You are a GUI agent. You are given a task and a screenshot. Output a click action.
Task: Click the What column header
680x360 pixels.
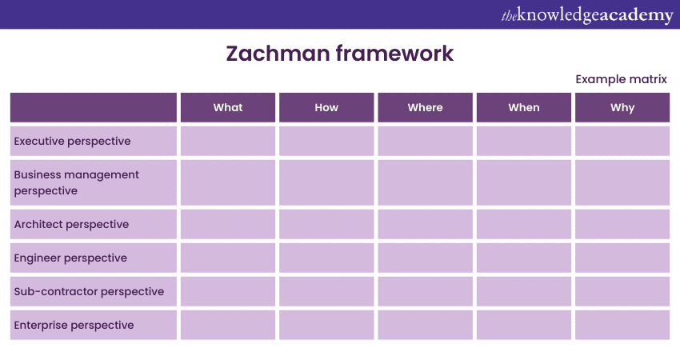(x=228, y=107)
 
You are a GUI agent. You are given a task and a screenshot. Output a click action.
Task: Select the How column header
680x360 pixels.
(x=326, y=107)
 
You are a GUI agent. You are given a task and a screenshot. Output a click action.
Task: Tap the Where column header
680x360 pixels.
(x=425, y=107)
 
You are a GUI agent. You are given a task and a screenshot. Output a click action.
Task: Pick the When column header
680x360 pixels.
(x=524, y=107)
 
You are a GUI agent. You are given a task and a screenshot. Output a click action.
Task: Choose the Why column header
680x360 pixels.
(x=622, y=107)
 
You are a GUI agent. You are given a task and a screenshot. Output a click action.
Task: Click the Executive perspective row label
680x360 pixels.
(x=73, y=141)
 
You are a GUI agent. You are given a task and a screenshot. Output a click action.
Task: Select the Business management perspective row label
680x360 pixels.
(x=76, y=182)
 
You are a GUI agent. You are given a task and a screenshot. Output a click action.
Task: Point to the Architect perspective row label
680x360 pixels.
(x=71, y=224)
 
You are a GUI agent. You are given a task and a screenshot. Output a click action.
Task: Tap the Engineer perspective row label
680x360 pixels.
(x=70, y=258)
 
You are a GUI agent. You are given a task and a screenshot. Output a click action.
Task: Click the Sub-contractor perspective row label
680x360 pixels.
(x=89, y=291)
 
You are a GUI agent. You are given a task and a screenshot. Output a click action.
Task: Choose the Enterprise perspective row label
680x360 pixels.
(x=74, y=325)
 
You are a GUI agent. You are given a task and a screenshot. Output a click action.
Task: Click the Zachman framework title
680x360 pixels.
(x=339, y=54)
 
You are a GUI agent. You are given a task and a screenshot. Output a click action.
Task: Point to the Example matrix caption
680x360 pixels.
(x=621, y=79)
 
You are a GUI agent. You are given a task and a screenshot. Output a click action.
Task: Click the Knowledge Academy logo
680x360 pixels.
(x=587, y=14)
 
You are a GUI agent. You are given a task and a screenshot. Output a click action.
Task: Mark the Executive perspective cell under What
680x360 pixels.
(x=228, y=141)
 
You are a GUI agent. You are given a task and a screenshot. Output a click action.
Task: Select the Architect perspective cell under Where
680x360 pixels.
(x=425, y=224)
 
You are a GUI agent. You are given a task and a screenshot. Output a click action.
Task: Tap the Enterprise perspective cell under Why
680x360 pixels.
(x=622, y=325)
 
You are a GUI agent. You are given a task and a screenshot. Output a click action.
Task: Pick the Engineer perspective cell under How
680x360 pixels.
(x=326, y=258)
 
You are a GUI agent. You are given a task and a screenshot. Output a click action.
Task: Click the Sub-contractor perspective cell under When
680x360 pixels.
(x=524, y=291)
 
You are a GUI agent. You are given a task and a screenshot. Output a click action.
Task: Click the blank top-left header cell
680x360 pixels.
(x=94, y=107)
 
